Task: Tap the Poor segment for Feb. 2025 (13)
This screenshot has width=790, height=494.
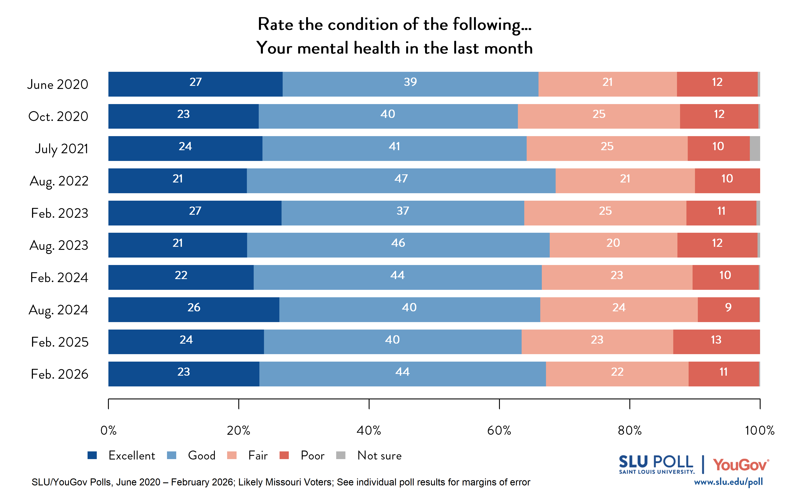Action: pyautogui.click(x=716, y=342)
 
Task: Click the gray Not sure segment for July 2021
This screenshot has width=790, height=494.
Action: pyautogui.click(x=754, y=148)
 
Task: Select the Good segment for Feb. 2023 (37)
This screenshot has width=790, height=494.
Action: pyautogui.click(x=402, y=213)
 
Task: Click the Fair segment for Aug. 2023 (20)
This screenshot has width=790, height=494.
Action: pyautogui.click(x=613, y=245)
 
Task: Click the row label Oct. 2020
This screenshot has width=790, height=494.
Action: pyautogui.click(x=58, y=116)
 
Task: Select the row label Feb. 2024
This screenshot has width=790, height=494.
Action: pyautogui.click(x=59, y=277)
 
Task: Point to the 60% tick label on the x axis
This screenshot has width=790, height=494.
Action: pyautogui.click(x=499, y=430)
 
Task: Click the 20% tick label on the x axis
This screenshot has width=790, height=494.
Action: pyautogui.click(x=238, y=430)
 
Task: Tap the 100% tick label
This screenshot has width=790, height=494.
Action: pyautogui.click(x=759, y=430)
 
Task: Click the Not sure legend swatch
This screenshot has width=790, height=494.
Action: pyautogui.click(x=341, y=455)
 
